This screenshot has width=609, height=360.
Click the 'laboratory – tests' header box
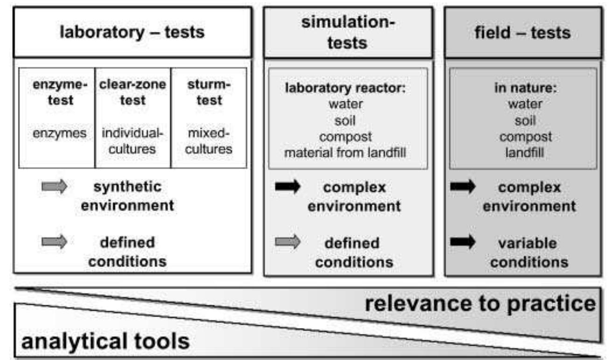(132, 33)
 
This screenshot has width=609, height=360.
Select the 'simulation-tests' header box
(348, 33)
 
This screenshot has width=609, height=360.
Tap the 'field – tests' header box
(522, 33)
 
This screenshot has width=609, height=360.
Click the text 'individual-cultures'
(133, 141)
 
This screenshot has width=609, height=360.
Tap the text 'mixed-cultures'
(209, 141)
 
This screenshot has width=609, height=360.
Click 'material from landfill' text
(346, 152)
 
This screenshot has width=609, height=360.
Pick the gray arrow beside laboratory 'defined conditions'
(54, 242)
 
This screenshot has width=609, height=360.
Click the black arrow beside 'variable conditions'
(462, 242)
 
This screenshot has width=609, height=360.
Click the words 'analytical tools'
(105, 341)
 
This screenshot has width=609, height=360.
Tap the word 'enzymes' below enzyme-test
(60, 133)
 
